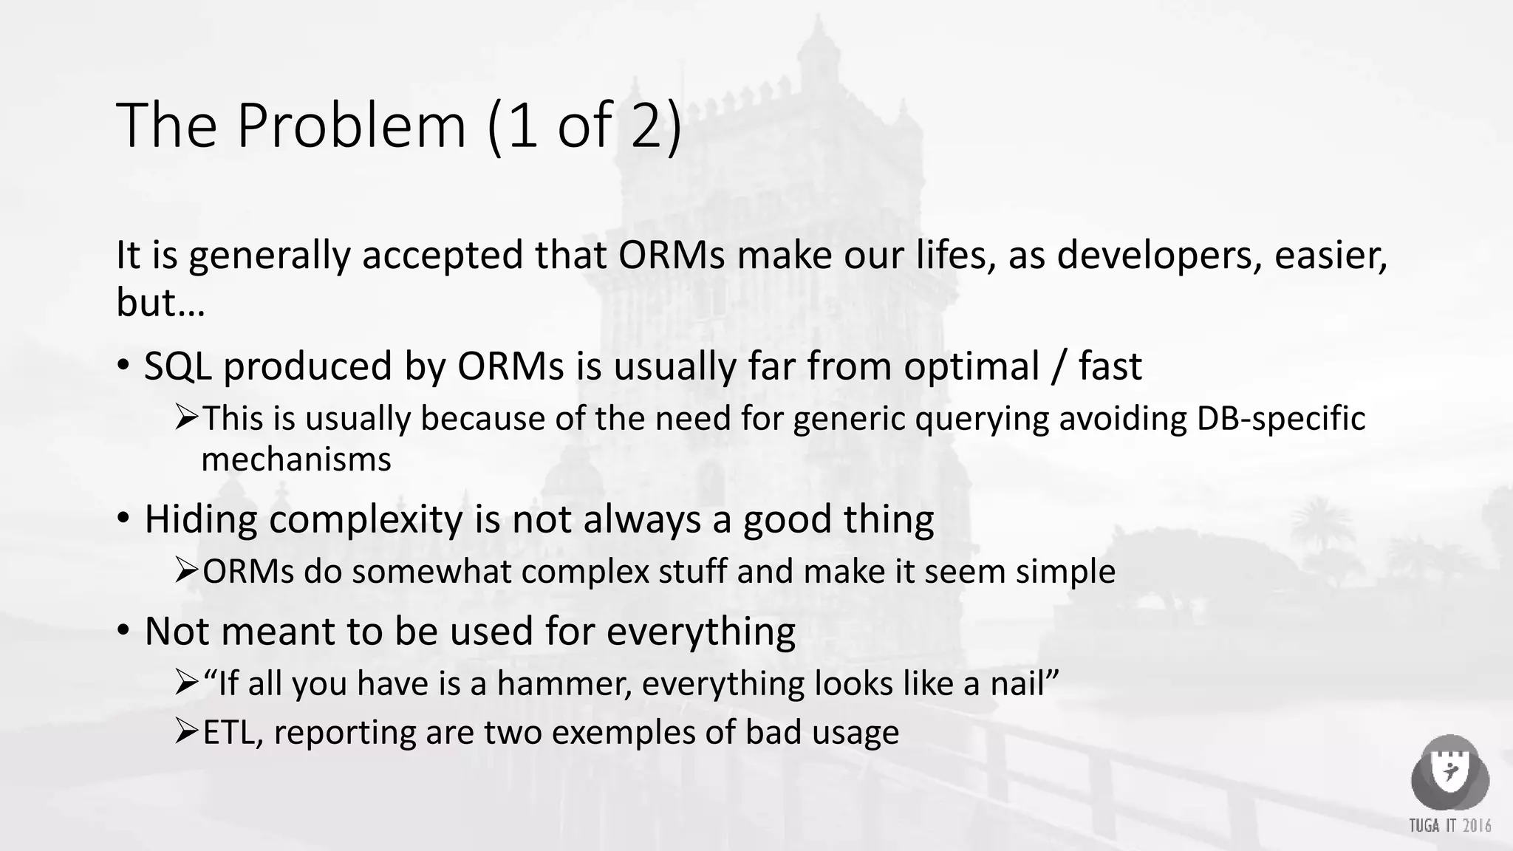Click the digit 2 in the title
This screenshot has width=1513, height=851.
650,126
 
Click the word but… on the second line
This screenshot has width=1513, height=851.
160,301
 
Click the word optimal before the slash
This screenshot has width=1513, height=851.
971,366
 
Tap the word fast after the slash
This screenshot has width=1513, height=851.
1110,366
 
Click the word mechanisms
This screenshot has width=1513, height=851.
296,460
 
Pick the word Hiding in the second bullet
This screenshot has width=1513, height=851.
200,519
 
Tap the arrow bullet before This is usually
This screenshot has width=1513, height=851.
186,417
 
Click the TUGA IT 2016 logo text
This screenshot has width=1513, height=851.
1449,826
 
